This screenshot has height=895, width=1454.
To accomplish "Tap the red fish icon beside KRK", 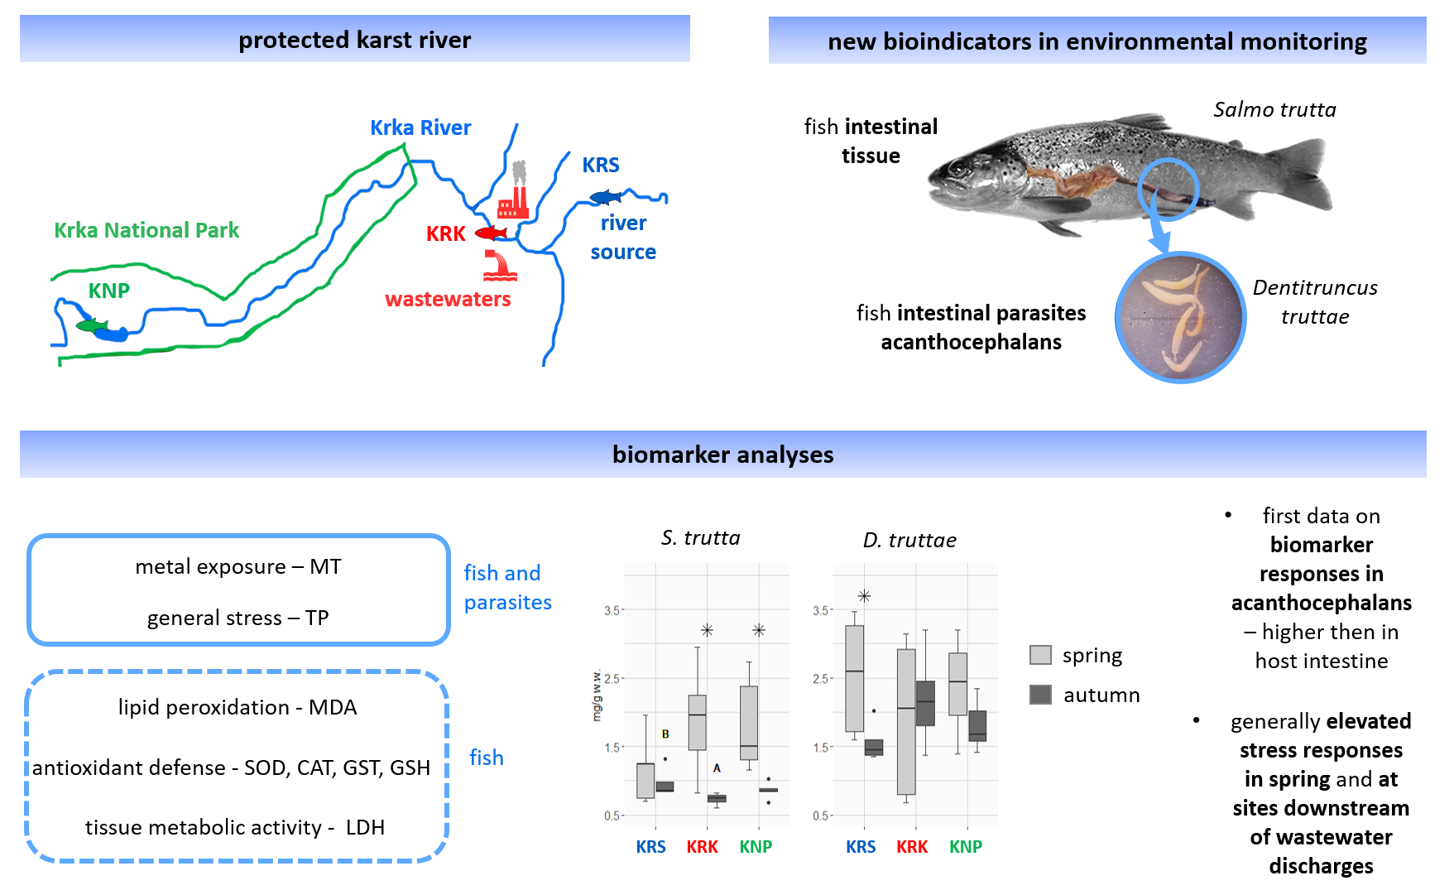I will pyautogui.click(x=491, y=233).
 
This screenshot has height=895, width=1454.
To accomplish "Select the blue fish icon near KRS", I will pyautogui.click(x=606, y=197).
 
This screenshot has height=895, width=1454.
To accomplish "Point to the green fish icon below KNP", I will pyautogui.click(x=92, y=325).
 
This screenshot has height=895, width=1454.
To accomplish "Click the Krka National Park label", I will pyautogui.click(x=146, y=230).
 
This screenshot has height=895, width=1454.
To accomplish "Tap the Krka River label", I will pyautogui.click(x=420, y=128).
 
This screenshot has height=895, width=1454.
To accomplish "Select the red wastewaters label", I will pyautogui.click(x=448, y=299).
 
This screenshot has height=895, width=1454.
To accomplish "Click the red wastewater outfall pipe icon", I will pyautogui.click(x=500, y=266).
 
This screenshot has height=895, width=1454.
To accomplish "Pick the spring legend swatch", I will pyautogui.click(x=1040, y=655).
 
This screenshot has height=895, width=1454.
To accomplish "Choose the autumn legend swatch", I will pyautogui.click(x=1040, y=695).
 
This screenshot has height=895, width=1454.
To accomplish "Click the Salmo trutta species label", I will pyautogui.click(x=1274, y=109).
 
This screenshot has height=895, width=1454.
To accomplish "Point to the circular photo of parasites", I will pyautogui.click(x=1180, y=317).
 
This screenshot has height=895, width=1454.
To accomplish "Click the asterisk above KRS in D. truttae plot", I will pyautogui.click(x=864, y=596).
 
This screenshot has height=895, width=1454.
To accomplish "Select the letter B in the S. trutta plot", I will pyautogui.click(x=665, y=734).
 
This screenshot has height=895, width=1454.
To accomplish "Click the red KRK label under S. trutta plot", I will pyautogui.click(x=702, y=847).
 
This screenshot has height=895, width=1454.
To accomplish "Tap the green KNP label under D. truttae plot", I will pyautogui.click(x=965, y=847).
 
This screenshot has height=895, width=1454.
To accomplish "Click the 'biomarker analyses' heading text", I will pyautogui.click(x=722, y=455).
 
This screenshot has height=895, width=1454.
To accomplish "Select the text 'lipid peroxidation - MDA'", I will pyautogui.click(x=238, y=707).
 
